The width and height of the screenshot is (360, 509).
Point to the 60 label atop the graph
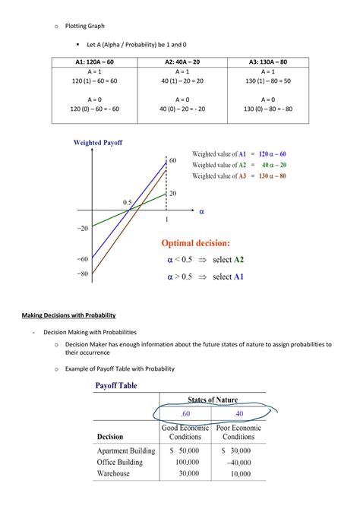click(172, 160)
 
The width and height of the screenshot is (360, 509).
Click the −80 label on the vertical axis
click(82, 273)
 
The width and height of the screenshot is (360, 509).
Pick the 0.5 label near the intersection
click(128, 202)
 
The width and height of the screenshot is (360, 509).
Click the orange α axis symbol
click(201, 212)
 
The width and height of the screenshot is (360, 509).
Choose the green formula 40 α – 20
click(273, 165)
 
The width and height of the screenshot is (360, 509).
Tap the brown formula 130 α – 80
click(272, 176)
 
